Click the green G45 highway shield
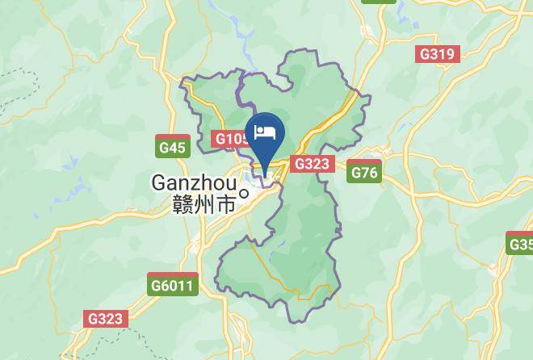point(173,147)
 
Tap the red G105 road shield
point(230,139)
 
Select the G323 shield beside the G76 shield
point(311,164)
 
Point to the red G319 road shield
point(438,54)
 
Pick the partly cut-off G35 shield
point(520,244)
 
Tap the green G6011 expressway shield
point(172,285)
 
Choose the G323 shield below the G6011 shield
point(106,318)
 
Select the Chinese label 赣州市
point(204,204)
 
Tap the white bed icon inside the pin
point(266,132)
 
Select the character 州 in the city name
point(205,204)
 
